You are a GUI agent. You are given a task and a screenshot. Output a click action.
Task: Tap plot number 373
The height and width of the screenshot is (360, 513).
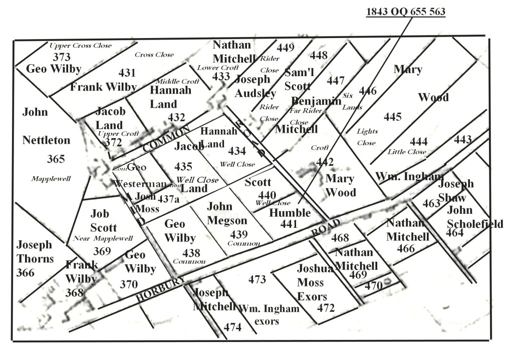click(x=62, y=57)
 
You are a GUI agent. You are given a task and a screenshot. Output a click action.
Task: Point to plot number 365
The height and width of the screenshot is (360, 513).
click(x=56, y=159)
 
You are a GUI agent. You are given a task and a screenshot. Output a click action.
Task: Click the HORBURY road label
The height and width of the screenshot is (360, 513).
click(x=161, y=289)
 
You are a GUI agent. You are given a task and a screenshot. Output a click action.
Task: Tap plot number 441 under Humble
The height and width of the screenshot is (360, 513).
click(x=289, y=224)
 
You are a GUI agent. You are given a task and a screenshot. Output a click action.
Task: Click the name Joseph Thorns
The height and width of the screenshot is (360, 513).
click(x=35, y=252)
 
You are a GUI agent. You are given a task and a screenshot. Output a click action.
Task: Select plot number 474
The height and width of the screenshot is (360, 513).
click(x=232, y=327)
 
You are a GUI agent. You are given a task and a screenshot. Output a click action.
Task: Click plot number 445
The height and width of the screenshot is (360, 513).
click(x=393, y=117)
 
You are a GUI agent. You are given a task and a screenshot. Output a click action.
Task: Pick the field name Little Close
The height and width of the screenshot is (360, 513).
click(x=407, y=152)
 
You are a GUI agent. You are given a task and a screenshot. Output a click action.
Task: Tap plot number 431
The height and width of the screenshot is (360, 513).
click(x=127, y=72)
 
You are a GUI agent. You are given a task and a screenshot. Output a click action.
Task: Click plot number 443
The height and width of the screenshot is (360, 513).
click(x=463, y=140)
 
